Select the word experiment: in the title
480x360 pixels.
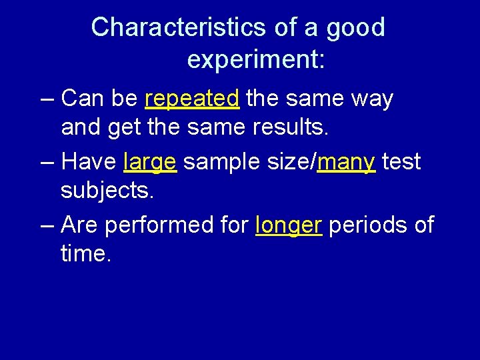(256, 60)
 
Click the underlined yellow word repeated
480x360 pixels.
(192, 99)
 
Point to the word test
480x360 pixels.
(401, 162)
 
